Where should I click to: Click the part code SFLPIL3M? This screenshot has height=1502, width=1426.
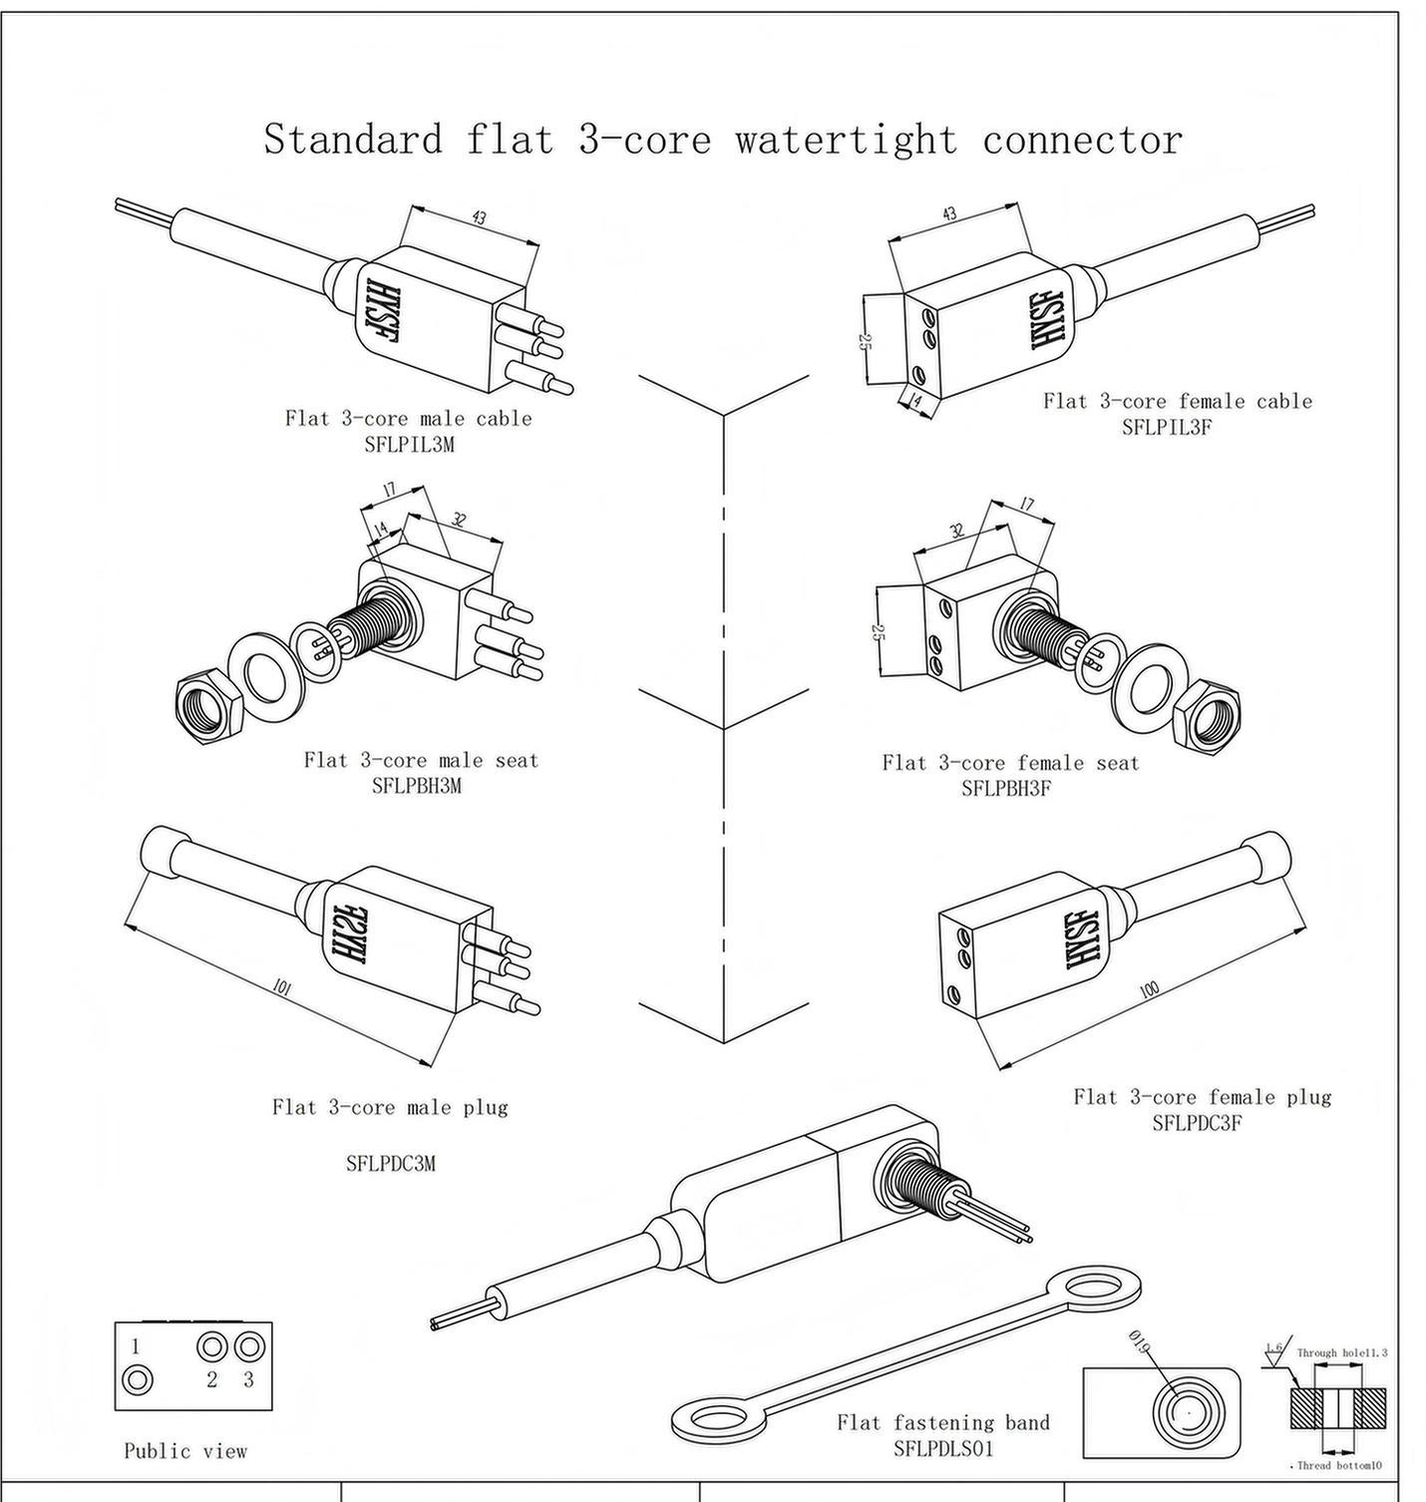tap(409, 445)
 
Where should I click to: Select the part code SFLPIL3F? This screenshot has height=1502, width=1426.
tap(1167, 427)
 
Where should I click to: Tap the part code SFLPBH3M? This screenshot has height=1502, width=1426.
tap(417, 786)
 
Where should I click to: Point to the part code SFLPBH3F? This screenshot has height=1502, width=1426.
tap(1006, 789)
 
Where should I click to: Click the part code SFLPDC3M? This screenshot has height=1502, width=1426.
tap(391, 1163)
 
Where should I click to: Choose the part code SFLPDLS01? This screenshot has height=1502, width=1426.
tap(943, 1449)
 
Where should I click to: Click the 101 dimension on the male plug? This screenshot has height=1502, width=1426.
tap(282, 988)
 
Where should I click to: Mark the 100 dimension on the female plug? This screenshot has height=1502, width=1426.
tap(1149, 990)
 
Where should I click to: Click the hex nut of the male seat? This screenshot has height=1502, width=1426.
tap(209, 709)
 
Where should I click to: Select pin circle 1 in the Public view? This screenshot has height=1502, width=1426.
tap(138, 1380)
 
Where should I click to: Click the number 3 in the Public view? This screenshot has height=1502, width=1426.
tap(248, 1380)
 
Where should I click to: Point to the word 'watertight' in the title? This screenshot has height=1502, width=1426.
tap(847, 140)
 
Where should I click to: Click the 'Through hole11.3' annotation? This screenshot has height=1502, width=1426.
tap(1341, 1353)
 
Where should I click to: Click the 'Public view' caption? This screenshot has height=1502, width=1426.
tap(185, 1451)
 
